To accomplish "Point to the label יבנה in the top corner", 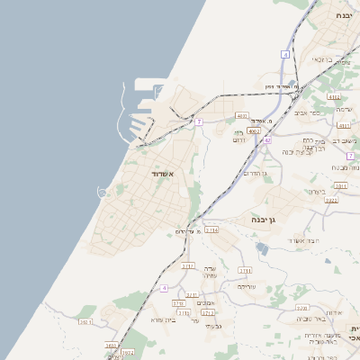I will (344, 16).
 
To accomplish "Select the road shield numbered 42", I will (267, 140).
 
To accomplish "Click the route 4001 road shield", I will (343, 127).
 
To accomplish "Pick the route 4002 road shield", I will (254, 130).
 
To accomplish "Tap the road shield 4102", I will (334, 96).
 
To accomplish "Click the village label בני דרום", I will (239, 137).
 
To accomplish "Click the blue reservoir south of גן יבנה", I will (262, 247).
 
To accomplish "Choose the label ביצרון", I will (316, 191).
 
